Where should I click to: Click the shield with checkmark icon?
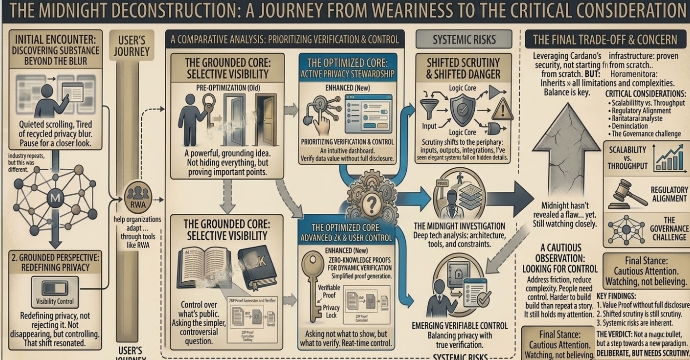[462, 111]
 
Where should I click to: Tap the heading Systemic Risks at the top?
[464, 40]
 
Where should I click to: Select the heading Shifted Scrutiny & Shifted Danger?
[463, 68]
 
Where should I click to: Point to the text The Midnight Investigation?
[459, 226]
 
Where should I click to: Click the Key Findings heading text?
[616, 296]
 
